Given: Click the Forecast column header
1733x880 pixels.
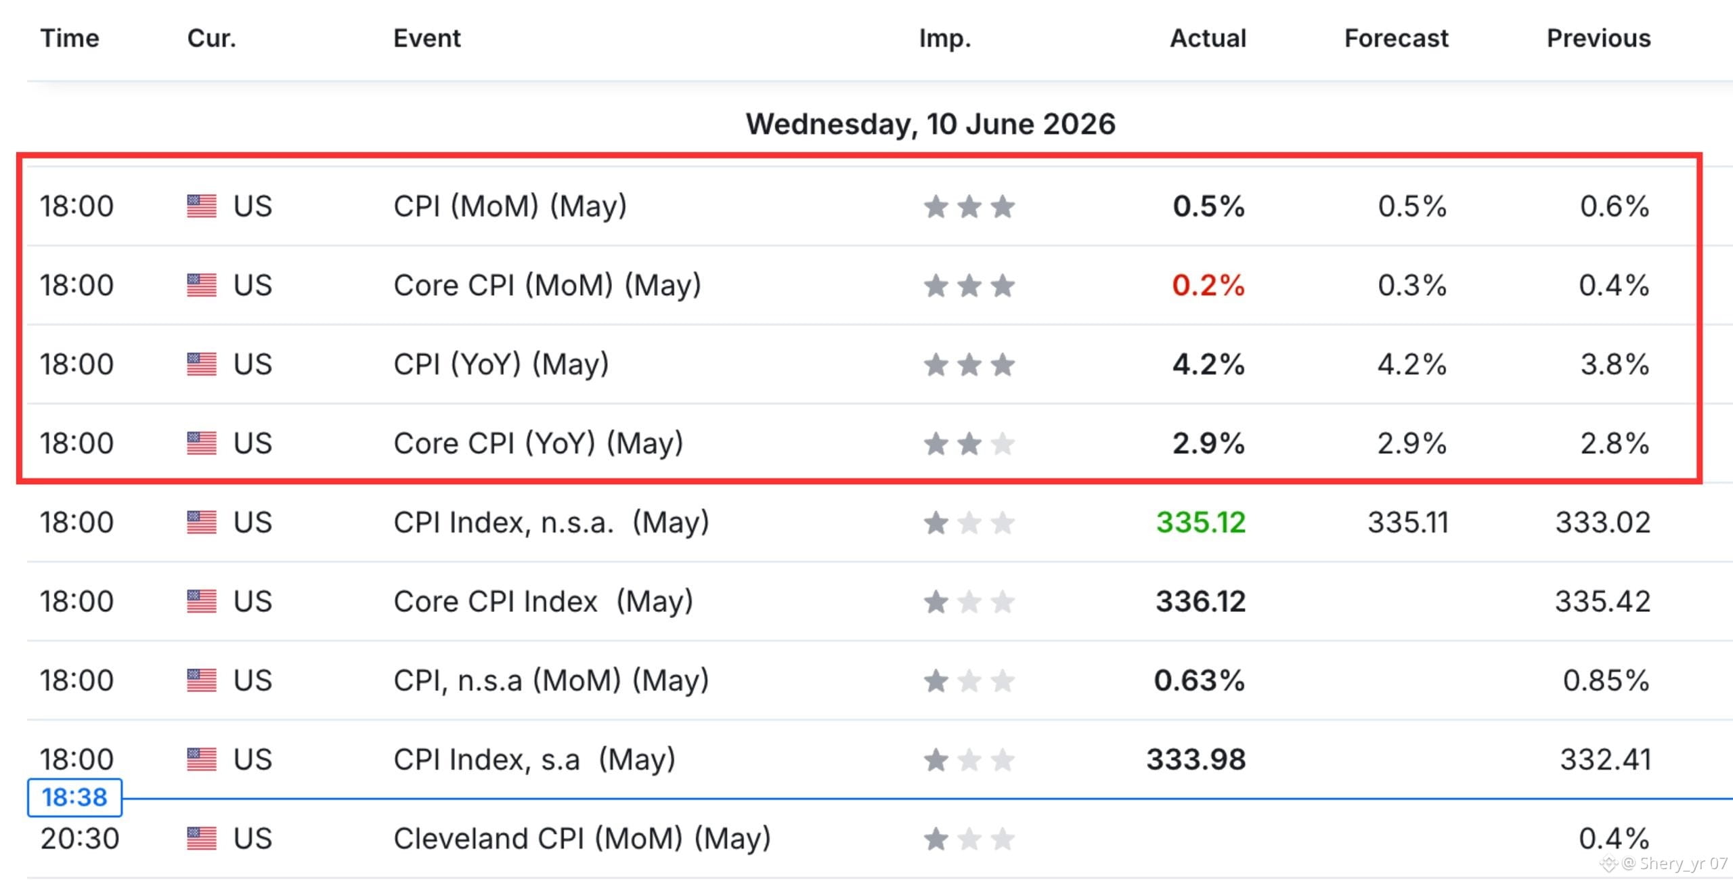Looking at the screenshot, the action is (x=1396, y=39).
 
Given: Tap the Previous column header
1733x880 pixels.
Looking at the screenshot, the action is (x=1599, y=39).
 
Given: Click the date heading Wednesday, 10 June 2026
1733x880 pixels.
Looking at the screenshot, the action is (x=931, y=124).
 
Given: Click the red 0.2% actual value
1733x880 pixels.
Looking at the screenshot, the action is (x=1208, y=285).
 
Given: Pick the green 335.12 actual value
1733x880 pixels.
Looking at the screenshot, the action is (x=1201, y=522).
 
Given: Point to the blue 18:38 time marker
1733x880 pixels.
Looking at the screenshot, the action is (x=74, y=797).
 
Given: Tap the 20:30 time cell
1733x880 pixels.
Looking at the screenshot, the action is (x=80, y=839).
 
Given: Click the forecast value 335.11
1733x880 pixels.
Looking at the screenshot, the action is (x=1408, y=522).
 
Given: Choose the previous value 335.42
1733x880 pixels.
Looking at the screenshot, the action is (x=1603, y=601).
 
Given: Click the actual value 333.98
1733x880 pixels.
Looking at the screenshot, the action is (x=1196, y=760).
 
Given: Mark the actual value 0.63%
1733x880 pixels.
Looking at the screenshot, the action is (x=1200, y=680).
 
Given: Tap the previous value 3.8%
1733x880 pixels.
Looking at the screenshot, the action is (x=1615, y=364).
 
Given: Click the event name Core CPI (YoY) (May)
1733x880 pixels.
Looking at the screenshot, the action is (x=538, y=444).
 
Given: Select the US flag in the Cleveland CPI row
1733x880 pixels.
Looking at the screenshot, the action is (x=202, y=839).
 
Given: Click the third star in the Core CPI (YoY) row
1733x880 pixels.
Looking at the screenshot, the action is (x=1003, y=444).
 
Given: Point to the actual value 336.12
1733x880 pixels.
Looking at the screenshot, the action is (x=1201, y=601).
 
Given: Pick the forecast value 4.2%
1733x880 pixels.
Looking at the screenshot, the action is (x=1412, y=364).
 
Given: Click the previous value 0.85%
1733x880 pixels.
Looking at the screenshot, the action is (x=1606, y=680).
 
